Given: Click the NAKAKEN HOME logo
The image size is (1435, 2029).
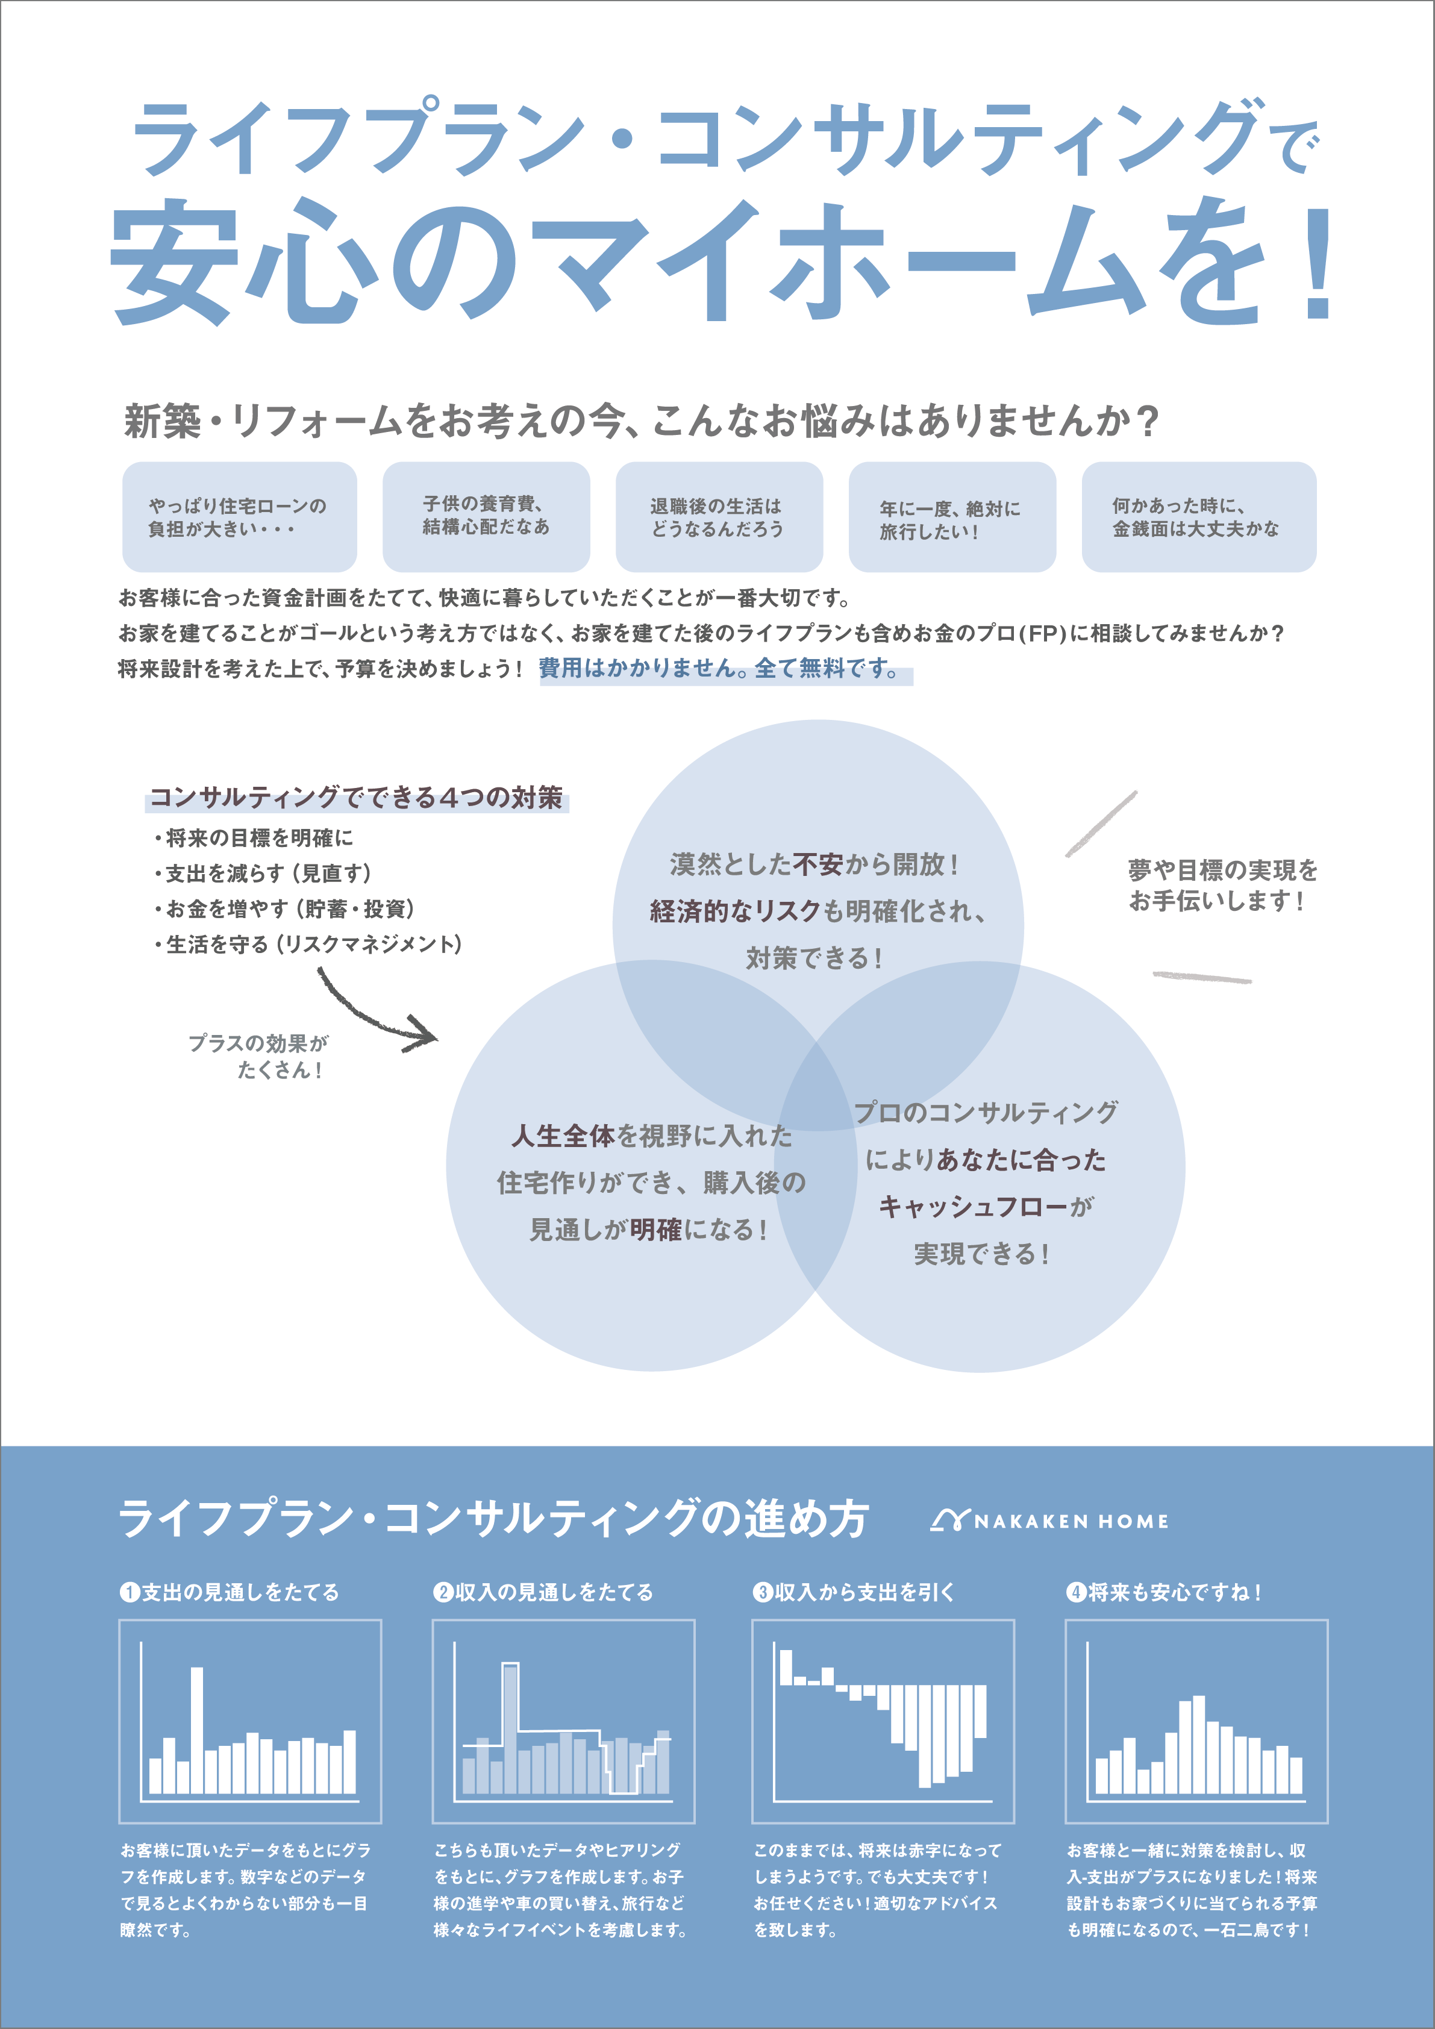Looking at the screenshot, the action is point(1049,1521).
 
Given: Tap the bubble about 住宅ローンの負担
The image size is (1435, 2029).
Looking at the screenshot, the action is point(239,517).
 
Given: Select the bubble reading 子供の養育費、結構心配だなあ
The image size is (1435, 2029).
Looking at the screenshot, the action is point(486,517).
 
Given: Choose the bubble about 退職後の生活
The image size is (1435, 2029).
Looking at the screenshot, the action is point(719,517).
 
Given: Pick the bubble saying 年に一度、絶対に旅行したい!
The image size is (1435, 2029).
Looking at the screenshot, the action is point(952,517).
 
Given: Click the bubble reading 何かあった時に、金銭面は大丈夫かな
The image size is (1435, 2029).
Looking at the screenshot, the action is point(1199,517).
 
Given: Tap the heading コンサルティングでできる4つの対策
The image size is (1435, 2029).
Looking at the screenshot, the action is point(356,797).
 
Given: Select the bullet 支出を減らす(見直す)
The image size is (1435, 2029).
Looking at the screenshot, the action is point(263,873).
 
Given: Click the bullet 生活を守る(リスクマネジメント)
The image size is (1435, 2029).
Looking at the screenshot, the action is point(307,945).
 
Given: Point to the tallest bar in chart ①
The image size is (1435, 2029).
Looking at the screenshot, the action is point(196,1730).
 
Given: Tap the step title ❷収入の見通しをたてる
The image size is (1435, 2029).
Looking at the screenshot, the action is point(543,1592).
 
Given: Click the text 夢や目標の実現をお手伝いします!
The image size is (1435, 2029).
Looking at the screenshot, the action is point(1222,886).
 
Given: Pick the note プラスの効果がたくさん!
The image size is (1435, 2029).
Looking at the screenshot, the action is point(258,1056).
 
